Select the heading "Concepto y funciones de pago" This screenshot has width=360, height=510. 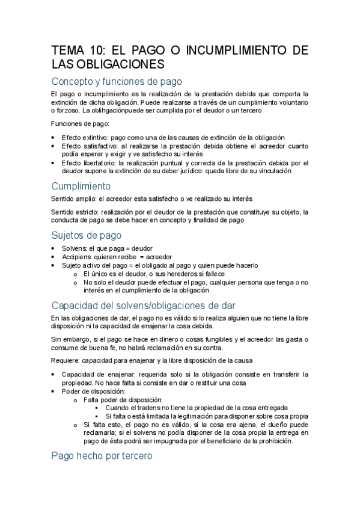(x=117, y=81)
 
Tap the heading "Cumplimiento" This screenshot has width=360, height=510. (x=81, y=186)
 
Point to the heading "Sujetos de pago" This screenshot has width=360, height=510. (x=87, y=235)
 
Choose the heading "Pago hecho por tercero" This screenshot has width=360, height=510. (x=102, y=456)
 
